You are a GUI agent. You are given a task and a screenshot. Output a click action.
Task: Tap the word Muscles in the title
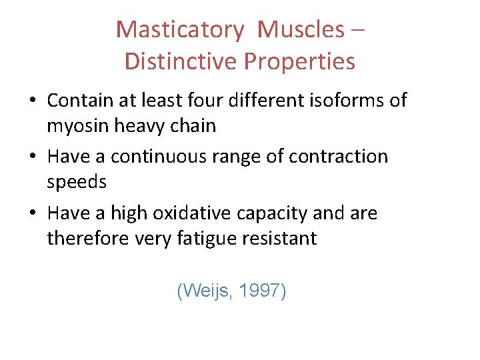click(301, 30)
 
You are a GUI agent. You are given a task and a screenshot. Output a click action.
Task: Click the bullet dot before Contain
click(33, 101)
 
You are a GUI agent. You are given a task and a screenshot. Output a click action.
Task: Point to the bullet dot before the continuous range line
click(33, 157)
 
